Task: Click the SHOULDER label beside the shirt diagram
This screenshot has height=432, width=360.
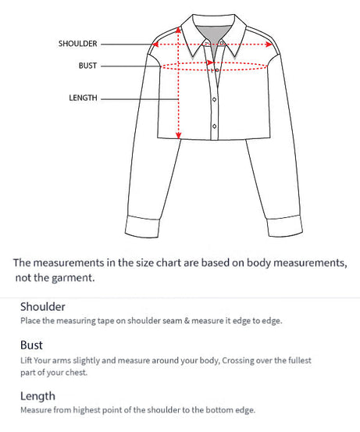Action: point(78,44)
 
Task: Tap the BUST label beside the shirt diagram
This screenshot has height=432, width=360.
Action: point(87,66)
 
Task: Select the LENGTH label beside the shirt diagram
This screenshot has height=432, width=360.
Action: point(84,98)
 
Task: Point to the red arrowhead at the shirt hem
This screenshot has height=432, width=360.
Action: point(178,136)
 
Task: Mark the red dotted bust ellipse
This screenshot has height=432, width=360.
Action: point(215,66)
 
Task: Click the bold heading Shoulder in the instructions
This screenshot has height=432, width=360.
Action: point(43,307)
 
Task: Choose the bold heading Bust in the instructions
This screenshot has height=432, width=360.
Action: point(31,345)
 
